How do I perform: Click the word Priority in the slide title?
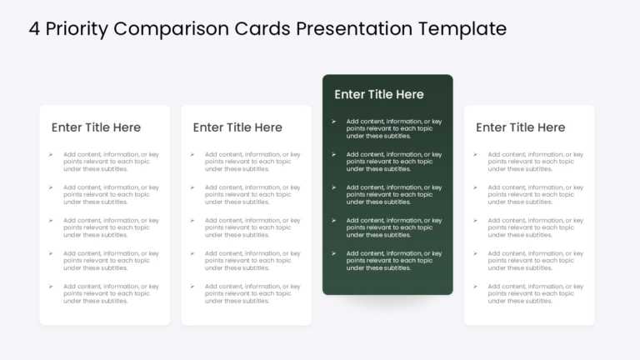[76, 28]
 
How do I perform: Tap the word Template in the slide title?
[462, 28]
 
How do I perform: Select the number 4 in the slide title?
[34, 28]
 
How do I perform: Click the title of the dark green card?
[379, 94]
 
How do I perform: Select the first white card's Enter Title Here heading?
[96, 127]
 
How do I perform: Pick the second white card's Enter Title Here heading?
[237, 127]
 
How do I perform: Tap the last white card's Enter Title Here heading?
[520, 127]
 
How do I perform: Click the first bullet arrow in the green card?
[333, 122]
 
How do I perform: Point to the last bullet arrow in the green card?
[333, 253]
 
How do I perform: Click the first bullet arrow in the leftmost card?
[50, 154]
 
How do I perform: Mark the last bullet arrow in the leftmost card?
[50, 287]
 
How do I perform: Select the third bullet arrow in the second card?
[192, 220]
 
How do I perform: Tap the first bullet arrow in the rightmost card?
[475, 154]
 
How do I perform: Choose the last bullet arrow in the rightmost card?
[475, 287]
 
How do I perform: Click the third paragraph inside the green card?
[393, 194]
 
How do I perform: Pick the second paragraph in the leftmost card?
[110, 194]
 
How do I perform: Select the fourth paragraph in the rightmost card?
[535, 260]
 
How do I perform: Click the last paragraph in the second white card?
[252, 293]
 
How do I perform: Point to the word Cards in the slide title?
[264, 28]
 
